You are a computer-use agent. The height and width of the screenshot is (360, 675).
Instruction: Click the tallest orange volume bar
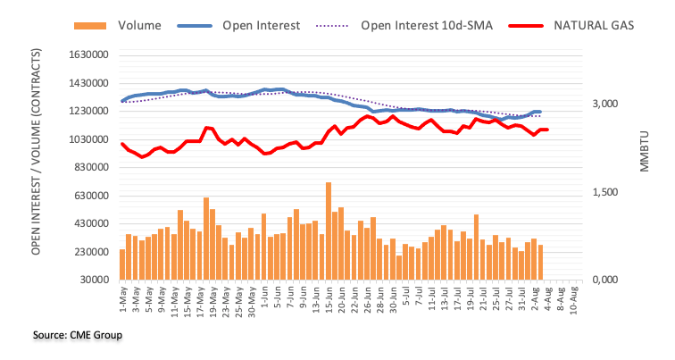coord(329,230)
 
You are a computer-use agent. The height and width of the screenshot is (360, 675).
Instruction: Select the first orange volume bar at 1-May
coord(122,264)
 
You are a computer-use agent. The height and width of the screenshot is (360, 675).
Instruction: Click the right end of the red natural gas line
coord(547,130)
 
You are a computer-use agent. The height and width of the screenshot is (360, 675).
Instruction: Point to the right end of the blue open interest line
coord(540,112)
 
